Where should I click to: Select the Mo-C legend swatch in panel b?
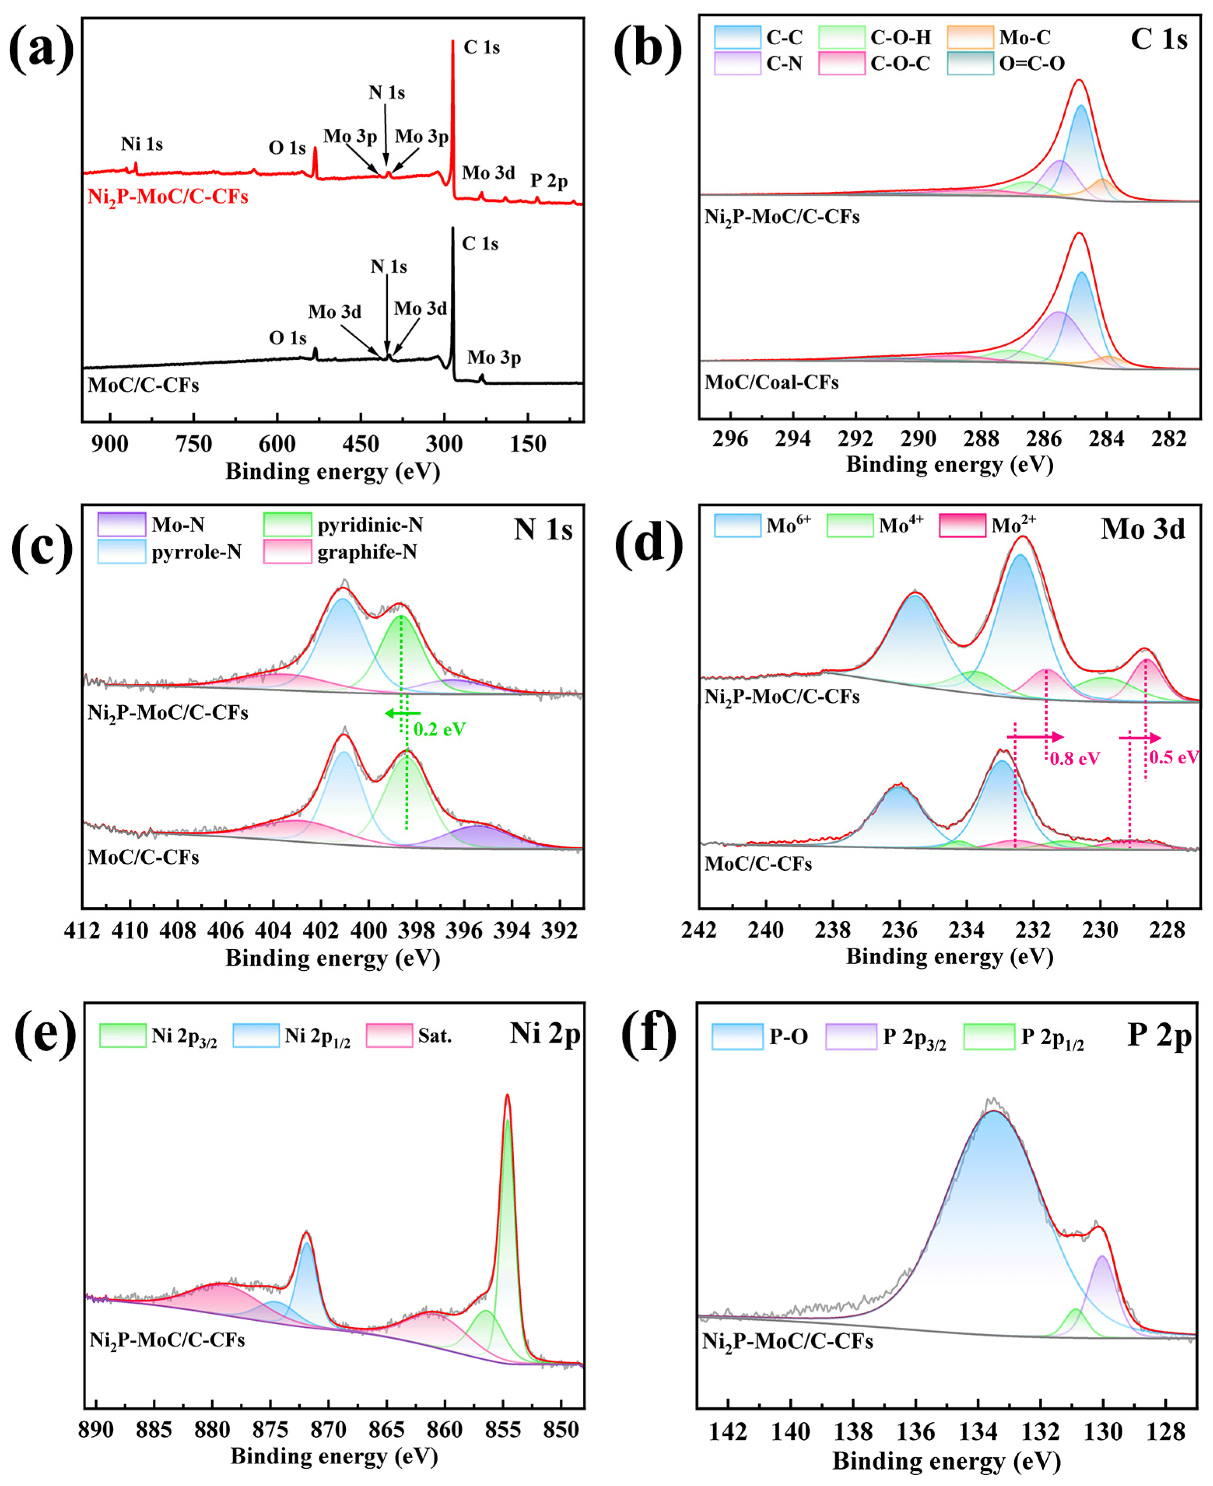click(970, 37)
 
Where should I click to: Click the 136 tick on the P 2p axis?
click(915, 1433)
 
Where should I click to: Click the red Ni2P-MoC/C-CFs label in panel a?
click(168, 197)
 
